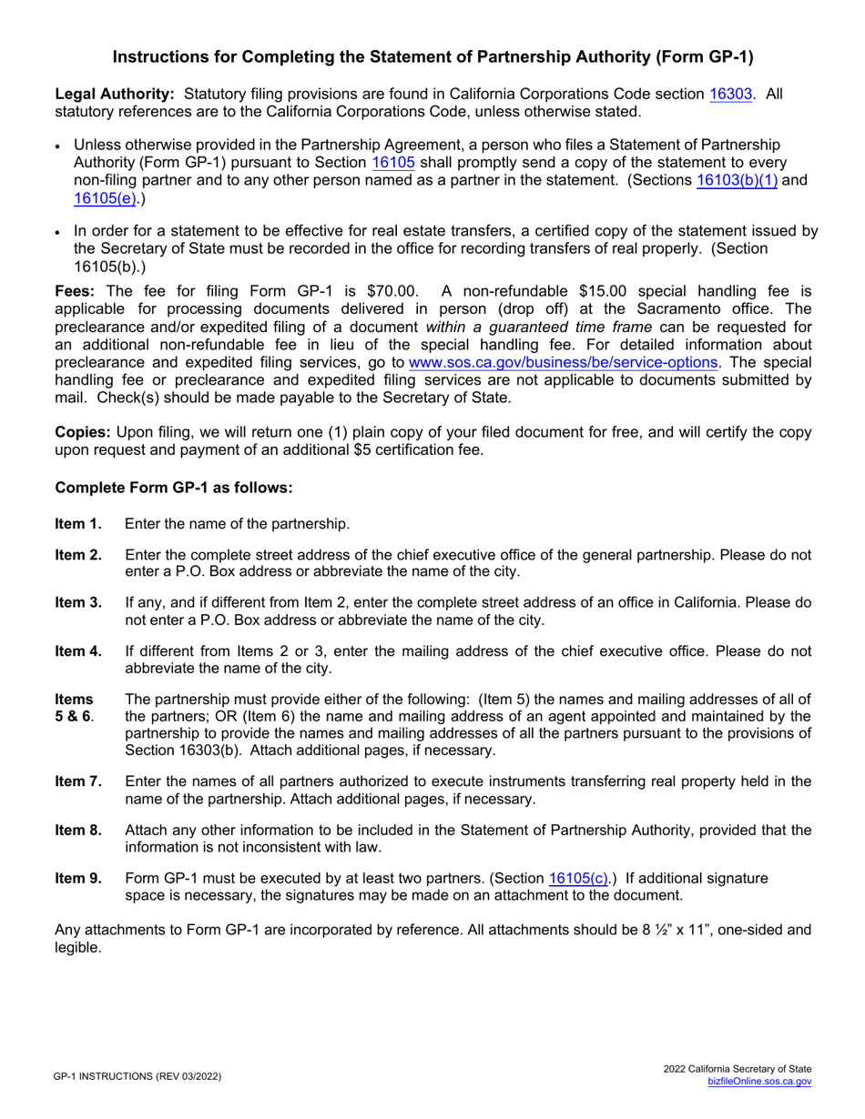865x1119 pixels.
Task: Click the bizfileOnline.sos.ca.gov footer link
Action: click(759, 1082)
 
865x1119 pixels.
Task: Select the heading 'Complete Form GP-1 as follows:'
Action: click(174, 488)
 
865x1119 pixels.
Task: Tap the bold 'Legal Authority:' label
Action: click(115, 94)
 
